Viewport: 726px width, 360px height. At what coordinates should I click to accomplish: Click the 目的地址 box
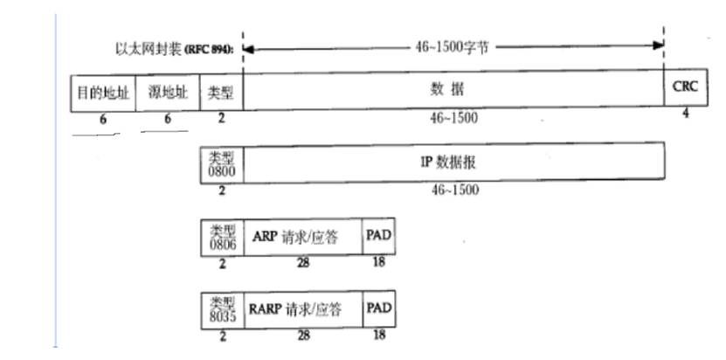(x=102, y=93)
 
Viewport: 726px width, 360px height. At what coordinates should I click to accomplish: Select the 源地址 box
(x=167, y=93)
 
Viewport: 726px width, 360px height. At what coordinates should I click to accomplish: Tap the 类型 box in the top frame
(x=222, y=93)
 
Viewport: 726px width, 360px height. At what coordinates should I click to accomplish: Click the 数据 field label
(x=453, y=90)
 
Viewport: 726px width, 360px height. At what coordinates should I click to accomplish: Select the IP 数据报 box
(x=453, y=163)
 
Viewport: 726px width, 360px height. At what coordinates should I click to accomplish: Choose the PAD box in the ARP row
(x=377, y=237)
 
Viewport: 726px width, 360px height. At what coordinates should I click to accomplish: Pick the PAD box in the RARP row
(x=377, y=310)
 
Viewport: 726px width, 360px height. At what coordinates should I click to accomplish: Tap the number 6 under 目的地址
(x=102, y=119)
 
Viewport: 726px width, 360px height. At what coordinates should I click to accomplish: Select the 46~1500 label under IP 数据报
(x=453, y=190)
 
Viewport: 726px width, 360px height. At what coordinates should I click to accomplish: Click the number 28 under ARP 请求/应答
(x=301, y=261)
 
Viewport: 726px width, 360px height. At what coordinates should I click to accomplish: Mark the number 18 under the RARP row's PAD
(x=377, y=335)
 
